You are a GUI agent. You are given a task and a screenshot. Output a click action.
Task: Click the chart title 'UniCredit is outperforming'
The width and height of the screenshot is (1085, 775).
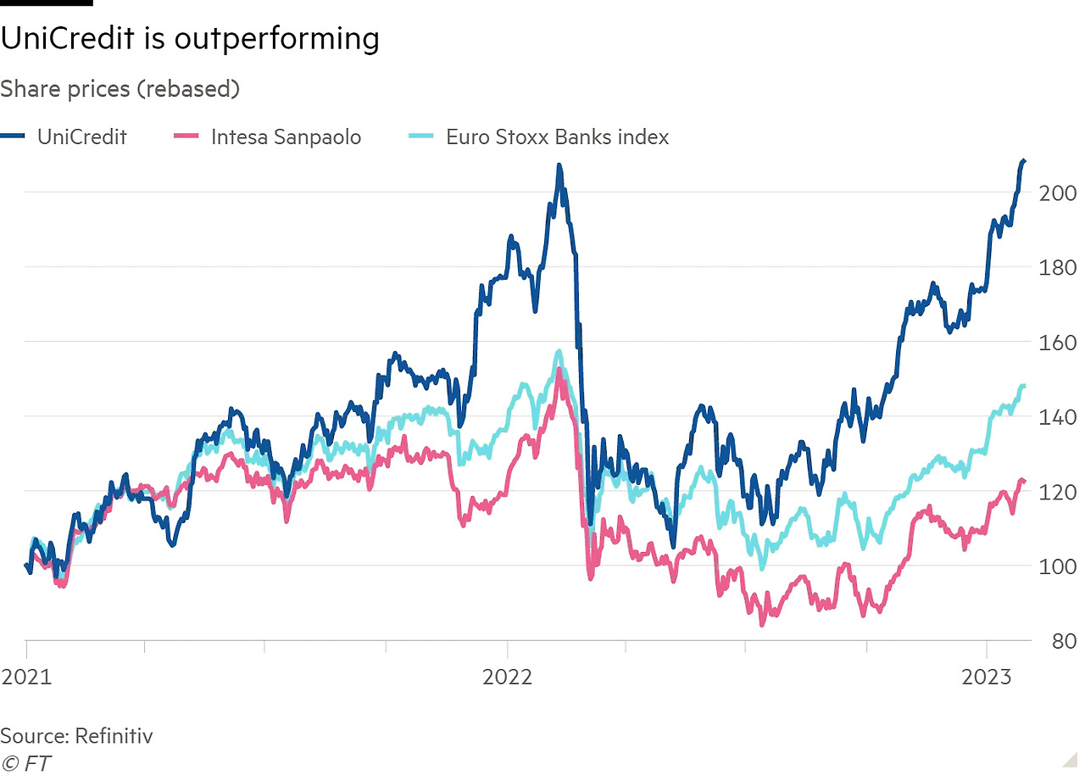click(x=189, y=39)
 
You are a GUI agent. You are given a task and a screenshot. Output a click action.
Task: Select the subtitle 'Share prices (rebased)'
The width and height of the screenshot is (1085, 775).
click(x=120, y=88)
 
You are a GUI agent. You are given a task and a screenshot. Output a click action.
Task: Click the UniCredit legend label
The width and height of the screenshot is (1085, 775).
click(x=81, y=137)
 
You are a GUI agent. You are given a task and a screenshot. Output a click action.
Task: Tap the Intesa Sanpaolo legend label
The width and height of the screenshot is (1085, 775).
click(x=286, y=137)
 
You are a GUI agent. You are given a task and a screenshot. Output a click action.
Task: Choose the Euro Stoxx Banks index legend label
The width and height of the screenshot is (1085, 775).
click(x=557, y=137)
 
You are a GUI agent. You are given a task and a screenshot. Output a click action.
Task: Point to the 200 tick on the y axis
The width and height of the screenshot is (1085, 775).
click(x=1056, y=192)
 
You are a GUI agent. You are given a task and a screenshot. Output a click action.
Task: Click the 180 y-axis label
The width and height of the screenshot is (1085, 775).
click(x=1056, y=267)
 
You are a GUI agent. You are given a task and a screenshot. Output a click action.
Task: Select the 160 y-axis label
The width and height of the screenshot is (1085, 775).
click(x=1056, y=342)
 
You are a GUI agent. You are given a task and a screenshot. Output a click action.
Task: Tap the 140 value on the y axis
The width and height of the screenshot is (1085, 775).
click(x=1056, y=416)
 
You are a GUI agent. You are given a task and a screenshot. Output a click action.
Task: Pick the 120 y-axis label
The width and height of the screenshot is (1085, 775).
click(x=1056, y=491)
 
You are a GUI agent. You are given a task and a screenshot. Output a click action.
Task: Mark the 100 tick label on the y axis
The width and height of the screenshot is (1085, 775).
click(x=1056, y=566)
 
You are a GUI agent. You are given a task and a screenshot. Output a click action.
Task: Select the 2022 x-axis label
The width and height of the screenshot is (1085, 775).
click(x=507, y=677)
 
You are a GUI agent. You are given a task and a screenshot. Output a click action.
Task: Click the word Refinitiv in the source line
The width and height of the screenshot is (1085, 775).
click(x=114, y=735)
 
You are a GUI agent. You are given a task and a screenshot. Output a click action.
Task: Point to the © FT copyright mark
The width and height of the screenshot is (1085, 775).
click(x=25, y=763)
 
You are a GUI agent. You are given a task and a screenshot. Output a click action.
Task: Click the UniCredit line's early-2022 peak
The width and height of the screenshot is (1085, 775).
click(x=559, y=167)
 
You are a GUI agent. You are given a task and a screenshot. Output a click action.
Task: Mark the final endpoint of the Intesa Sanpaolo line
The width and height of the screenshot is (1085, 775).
click(x=1024, y=482)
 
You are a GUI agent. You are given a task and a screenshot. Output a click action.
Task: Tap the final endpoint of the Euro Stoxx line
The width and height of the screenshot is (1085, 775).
click(x=1024, y=386)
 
